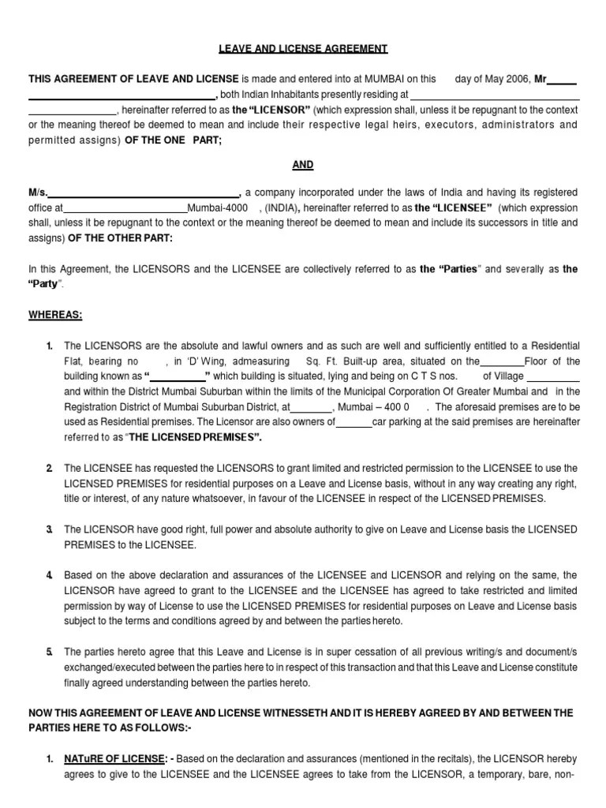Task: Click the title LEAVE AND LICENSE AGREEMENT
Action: tap(303, 49)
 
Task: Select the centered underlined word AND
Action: tap(303, 165)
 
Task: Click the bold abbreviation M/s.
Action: tap(38, 193)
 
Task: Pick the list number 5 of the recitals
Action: tap(49, 652)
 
